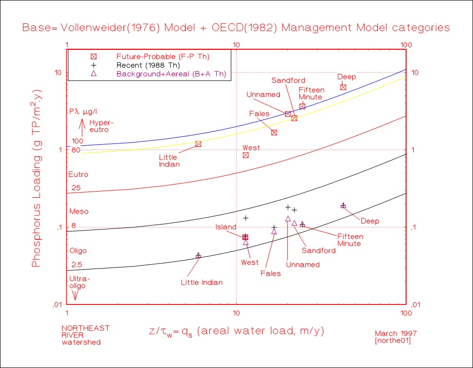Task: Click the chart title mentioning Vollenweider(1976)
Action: tap(236, 27)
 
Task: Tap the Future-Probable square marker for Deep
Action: tap(343, 87)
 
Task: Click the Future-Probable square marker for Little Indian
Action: tap(198, 144)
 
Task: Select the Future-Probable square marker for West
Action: tap(246, 155)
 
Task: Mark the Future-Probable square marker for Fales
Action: tap(274, 132)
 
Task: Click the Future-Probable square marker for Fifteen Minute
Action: tap(302, 106)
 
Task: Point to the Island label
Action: tap(226, 227)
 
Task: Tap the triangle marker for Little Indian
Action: tap(198, 256)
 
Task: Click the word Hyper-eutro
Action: tap(99, 126)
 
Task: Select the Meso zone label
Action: tap(79, 211)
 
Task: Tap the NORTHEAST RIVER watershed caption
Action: tap(86, 335)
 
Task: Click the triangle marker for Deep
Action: tap(343, 205)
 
